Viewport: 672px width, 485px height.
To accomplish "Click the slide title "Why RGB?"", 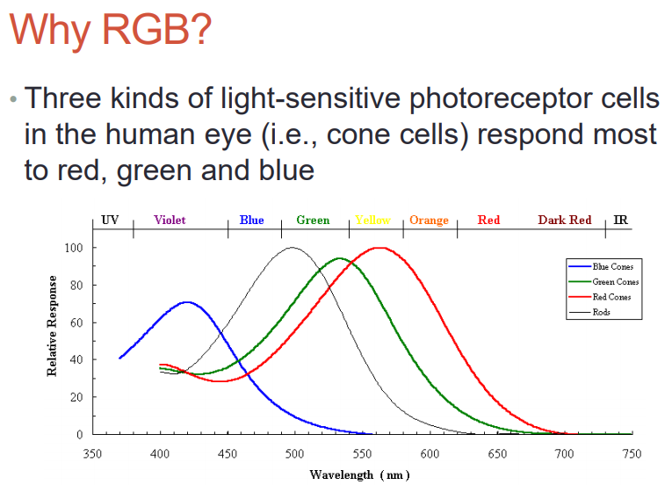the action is pos(111,29).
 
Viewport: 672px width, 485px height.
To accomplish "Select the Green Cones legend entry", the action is pos(603,282).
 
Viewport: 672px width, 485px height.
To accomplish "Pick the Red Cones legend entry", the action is pos(600,297).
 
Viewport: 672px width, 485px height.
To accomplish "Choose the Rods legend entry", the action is pos(589,312).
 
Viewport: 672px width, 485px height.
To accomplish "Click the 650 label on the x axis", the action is pos(497,453).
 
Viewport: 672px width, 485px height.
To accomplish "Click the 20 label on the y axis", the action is pos(76,397).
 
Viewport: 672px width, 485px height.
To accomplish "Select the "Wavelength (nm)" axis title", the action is pos(359,475).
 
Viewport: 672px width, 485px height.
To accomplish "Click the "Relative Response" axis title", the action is pos(52,326).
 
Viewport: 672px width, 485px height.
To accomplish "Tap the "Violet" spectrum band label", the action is pos(170,220).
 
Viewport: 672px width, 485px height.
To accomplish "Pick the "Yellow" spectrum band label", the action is pos(372,220).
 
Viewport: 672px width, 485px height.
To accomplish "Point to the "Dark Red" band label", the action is pos(565,220).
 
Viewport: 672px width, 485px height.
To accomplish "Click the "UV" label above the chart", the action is pos(110,220).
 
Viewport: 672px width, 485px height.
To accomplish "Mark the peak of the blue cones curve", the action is pos(187,302).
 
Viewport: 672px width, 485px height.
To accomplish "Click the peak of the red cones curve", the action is pos(380,248).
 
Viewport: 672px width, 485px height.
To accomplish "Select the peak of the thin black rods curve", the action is pos(292,248).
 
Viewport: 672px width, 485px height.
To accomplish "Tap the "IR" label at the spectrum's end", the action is pos(620,220).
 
